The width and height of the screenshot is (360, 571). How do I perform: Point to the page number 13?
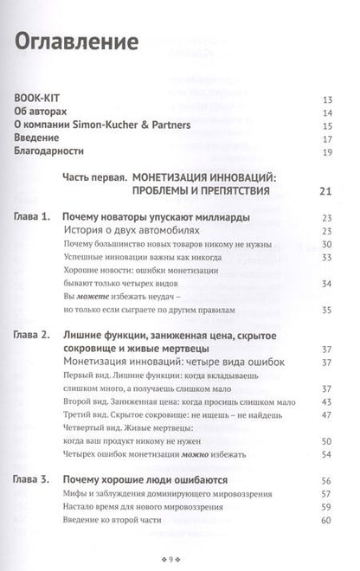click(326, 99)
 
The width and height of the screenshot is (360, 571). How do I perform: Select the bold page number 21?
click(325, 191)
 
